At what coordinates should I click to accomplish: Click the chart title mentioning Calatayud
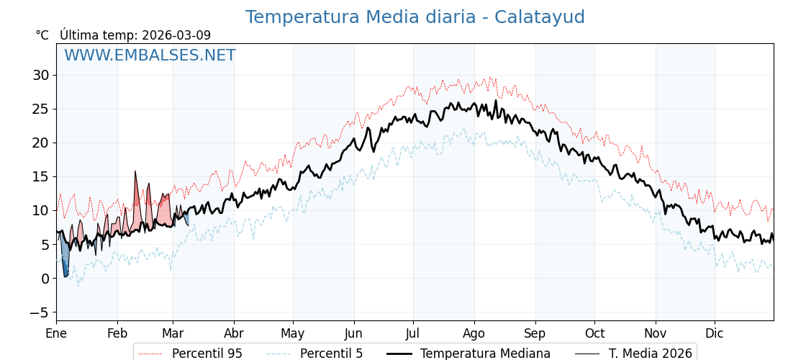[415, 17]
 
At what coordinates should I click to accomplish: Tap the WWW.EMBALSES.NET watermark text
[150, 55]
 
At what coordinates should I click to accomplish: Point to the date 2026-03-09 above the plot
[176, 35]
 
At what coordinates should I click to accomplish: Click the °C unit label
[42, 35]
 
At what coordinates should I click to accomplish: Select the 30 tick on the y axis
[40, 75]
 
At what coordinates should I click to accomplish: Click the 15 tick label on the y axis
[40, 176]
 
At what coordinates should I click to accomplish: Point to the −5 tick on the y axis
[39, 312]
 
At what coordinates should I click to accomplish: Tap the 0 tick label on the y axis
[45, 279]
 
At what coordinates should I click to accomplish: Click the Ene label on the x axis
[56, 333]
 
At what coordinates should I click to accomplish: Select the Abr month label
[234, 333]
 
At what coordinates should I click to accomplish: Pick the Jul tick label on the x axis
[413, 333]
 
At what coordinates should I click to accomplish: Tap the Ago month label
[474, 333]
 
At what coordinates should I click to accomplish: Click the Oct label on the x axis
[594, 333]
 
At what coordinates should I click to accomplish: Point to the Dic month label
[715, 333]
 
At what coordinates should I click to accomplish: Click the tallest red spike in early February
[135, 174]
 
